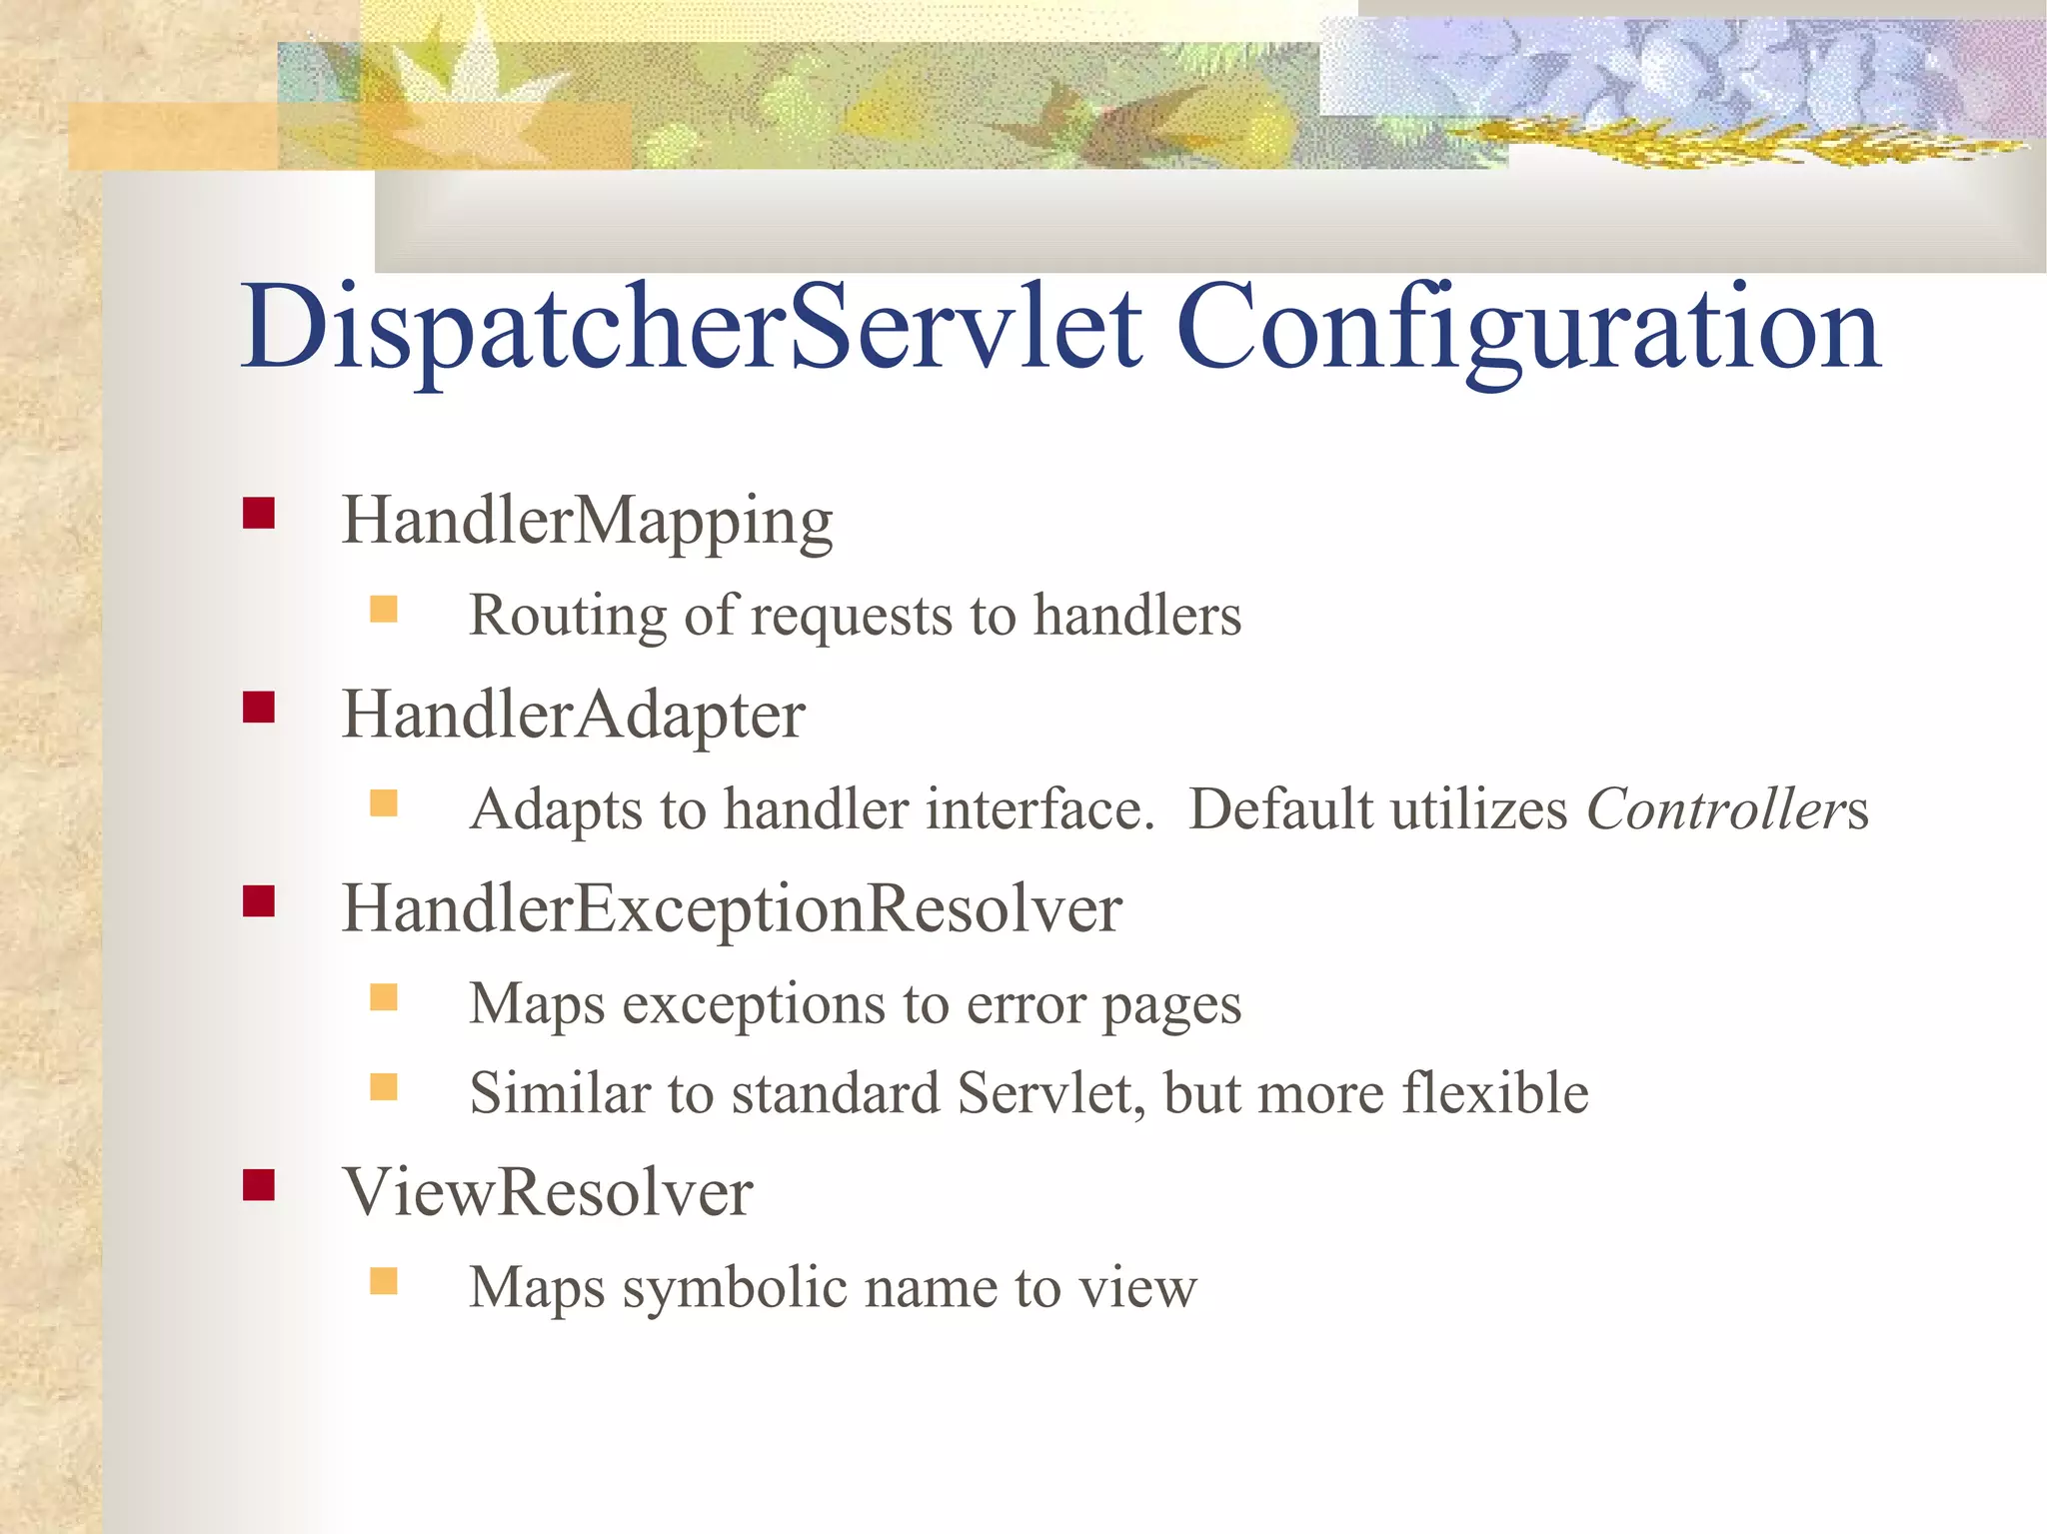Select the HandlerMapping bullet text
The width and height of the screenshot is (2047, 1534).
click(587, 521)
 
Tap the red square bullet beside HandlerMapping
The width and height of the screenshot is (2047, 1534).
click(259, 514)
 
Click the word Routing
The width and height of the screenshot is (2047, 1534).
click(568, 616)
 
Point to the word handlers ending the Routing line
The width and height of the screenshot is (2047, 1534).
click(1136, 616)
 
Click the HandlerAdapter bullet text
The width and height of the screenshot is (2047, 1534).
click(573, 715)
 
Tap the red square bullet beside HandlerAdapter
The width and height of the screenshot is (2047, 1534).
click(259, 708)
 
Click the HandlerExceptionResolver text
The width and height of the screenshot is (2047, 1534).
click(731, 909)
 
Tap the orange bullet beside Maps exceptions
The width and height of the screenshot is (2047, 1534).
click(384, 997)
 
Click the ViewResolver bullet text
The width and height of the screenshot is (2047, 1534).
click(547, 1192)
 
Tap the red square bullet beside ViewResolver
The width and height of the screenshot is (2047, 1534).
click(259, 1185)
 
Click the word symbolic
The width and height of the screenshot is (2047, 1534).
click(735, 1288)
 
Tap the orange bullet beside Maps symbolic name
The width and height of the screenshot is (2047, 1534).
click(384, 1281)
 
